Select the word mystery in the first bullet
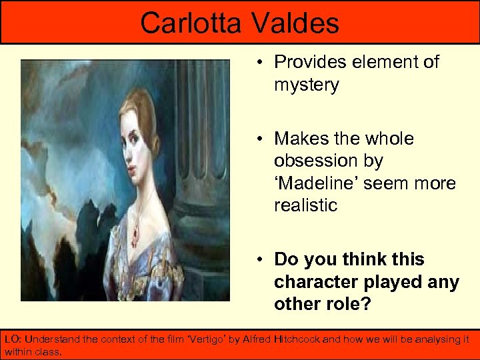(306, 85)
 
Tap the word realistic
(306, 205)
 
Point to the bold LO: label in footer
(13, 339)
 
